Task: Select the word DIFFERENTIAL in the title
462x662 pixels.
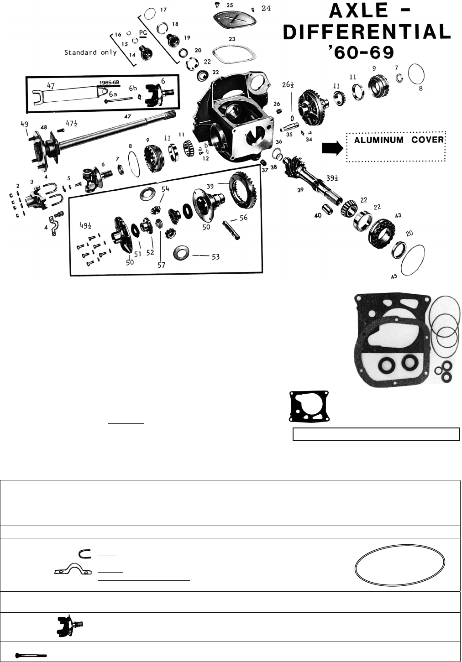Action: point(367,32)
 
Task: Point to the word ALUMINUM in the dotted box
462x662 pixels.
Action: point(378,140)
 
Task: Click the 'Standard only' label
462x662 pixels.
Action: point(90,52)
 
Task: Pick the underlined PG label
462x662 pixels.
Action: point(143,33)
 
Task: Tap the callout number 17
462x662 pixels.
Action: point(163,9)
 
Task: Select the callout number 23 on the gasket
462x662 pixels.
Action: point(232,39)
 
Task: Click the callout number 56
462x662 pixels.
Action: point(244,218)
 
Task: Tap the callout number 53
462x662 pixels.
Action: point(215,256)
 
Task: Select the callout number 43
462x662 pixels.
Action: point(398,215)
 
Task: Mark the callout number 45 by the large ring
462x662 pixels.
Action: point(394,276)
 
